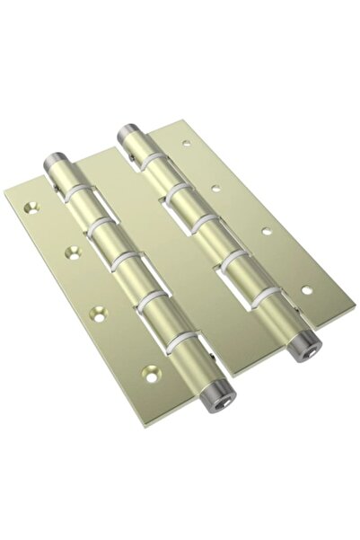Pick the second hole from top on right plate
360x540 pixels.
tap(215, 188)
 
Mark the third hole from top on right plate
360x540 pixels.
tap(267, 231)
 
